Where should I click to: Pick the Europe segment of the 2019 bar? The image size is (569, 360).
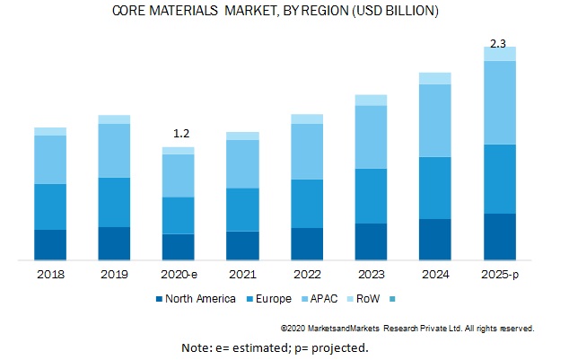click(x=114, y=202)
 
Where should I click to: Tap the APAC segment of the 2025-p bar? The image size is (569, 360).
click(x=500, y=102)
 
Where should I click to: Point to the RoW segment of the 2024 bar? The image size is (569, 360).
click(x=435, y=78)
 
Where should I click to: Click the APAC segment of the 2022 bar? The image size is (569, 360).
click(x=307, y=151)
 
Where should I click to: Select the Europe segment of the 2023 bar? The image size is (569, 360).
click(x=371, y=196)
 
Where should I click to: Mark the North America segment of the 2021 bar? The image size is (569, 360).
click(x=242, y=246)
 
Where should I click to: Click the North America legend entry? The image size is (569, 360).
click(x=195, y=298)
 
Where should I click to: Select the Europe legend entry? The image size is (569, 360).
click(x=269, y=298)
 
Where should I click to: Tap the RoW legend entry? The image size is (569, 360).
click(x=370, y=298)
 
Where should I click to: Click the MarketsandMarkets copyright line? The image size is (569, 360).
click(x=407, y=329)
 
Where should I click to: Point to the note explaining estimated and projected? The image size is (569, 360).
click(x=275, y=347)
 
